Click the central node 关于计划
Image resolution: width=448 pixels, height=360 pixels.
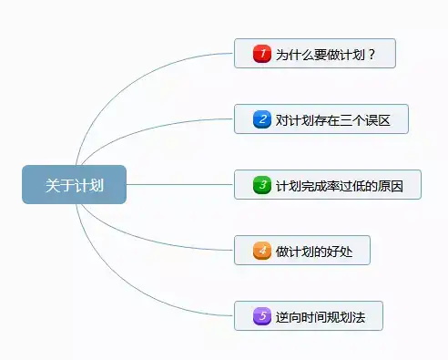[74, 184]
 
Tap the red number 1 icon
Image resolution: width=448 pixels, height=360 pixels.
[262, 54]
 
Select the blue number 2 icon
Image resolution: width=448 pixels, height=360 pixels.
[262, 119]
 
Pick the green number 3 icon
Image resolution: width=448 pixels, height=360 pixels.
[262, 185]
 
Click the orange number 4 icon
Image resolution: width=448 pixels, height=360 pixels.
[262, 250]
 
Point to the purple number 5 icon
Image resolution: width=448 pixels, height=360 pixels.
[262, 315]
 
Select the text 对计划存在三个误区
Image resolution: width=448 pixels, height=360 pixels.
[332, 119]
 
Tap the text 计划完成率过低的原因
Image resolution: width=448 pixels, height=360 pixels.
[339, 185]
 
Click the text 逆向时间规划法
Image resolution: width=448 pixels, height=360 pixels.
[320, 315]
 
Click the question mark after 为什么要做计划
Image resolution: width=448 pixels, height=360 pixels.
[372, 54]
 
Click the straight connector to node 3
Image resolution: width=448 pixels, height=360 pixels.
[182, 184]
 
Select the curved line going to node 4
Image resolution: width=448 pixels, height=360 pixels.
[164, 239]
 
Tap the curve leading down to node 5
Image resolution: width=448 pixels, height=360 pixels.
[137, 296]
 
